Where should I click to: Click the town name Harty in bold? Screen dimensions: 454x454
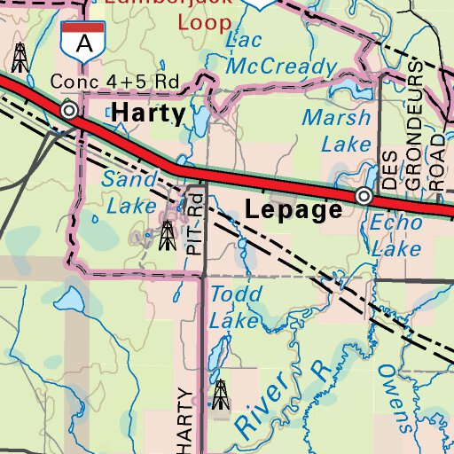149,113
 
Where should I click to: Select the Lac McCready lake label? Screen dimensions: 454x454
280,53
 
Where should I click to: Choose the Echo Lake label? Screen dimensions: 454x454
396,236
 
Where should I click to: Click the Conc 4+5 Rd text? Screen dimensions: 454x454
114,82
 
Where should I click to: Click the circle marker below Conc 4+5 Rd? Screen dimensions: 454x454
69,110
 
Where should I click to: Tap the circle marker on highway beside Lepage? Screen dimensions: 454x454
363,195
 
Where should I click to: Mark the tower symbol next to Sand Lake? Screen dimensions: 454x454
166,235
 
